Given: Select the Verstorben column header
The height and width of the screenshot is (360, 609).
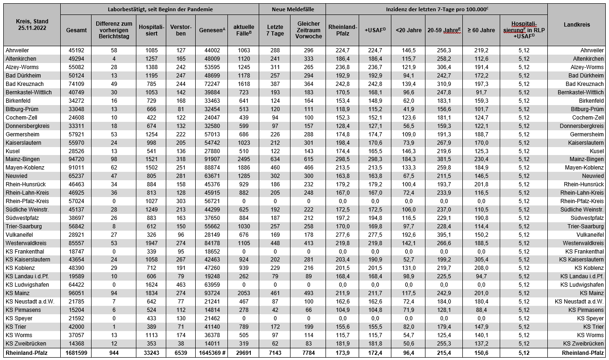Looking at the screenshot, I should [x=181, y=30].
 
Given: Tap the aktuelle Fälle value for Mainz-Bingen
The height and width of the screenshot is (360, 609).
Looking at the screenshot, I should [x=243, y=159].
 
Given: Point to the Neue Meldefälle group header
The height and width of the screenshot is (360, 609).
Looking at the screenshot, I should [x=292, y=9].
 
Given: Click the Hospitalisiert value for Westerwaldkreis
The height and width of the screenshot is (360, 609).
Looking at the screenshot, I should [x=151, y=243].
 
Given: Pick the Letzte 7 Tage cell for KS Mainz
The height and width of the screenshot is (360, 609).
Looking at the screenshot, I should [x=275, y=293].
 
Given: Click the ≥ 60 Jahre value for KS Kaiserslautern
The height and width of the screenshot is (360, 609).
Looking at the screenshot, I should [x=481, y=260].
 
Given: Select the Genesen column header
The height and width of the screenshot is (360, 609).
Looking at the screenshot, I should [x=212, y=30].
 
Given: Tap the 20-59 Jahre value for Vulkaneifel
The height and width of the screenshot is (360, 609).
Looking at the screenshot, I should [x=443, y=235].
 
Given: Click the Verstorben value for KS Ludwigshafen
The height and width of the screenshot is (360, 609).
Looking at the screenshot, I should [x=181, y=285].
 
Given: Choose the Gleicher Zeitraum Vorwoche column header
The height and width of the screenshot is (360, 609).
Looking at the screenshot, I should [x=308, y=30].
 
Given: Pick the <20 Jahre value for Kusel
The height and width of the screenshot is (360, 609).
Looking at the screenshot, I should [x=408, y=151].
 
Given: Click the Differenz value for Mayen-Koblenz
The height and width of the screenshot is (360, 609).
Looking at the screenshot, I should [x=114, y=168].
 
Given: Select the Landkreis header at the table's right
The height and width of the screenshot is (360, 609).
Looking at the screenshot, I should [x=577, y=25].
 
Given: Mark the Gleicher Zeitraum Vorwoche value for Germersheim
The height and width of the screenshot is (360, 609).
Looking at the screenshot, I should [x=308, y=134].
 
